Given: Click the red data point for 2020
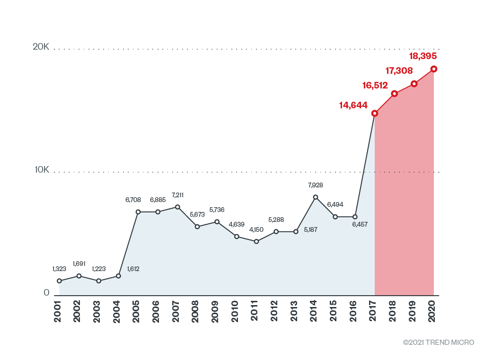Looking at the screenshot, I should (433, 69).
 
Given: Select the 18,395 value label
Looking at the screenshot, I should (423, 56).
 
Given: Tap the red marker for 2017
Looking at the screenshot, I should (375, 114).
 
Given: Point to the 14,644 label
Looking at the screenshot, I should (353, 105).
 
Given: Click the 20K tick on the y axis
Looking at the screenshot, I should (41, 47).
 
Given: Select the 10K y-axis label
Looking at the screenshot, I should (41, 170).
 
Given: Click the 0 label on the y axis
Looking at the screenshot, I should (46, 293).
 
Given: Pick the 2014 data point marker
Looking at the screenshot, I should (316, 197).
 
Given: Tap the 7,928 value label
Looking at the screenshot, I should (315, 185).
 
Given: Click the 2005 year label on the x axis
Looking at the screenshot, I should (136, 311).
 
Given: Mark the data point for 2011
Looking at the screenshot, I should (256, 242).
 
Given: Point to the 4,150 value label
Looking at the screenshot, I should (256, 229).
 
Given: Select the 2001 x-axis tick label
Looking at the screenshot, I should (58, 311).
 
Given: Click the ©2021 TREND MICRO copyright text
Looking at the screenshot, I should (438, 342).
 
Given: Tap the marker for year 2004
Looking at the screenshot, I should (118, 276).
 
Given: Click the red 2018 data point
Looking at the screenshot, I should (394, 94).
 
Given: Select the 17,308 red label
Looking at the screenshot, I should (399, 71).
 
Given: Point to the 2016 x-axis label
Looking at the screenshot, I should (354, 311).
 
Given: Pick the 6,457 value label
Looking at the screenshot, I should (360, 224).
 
